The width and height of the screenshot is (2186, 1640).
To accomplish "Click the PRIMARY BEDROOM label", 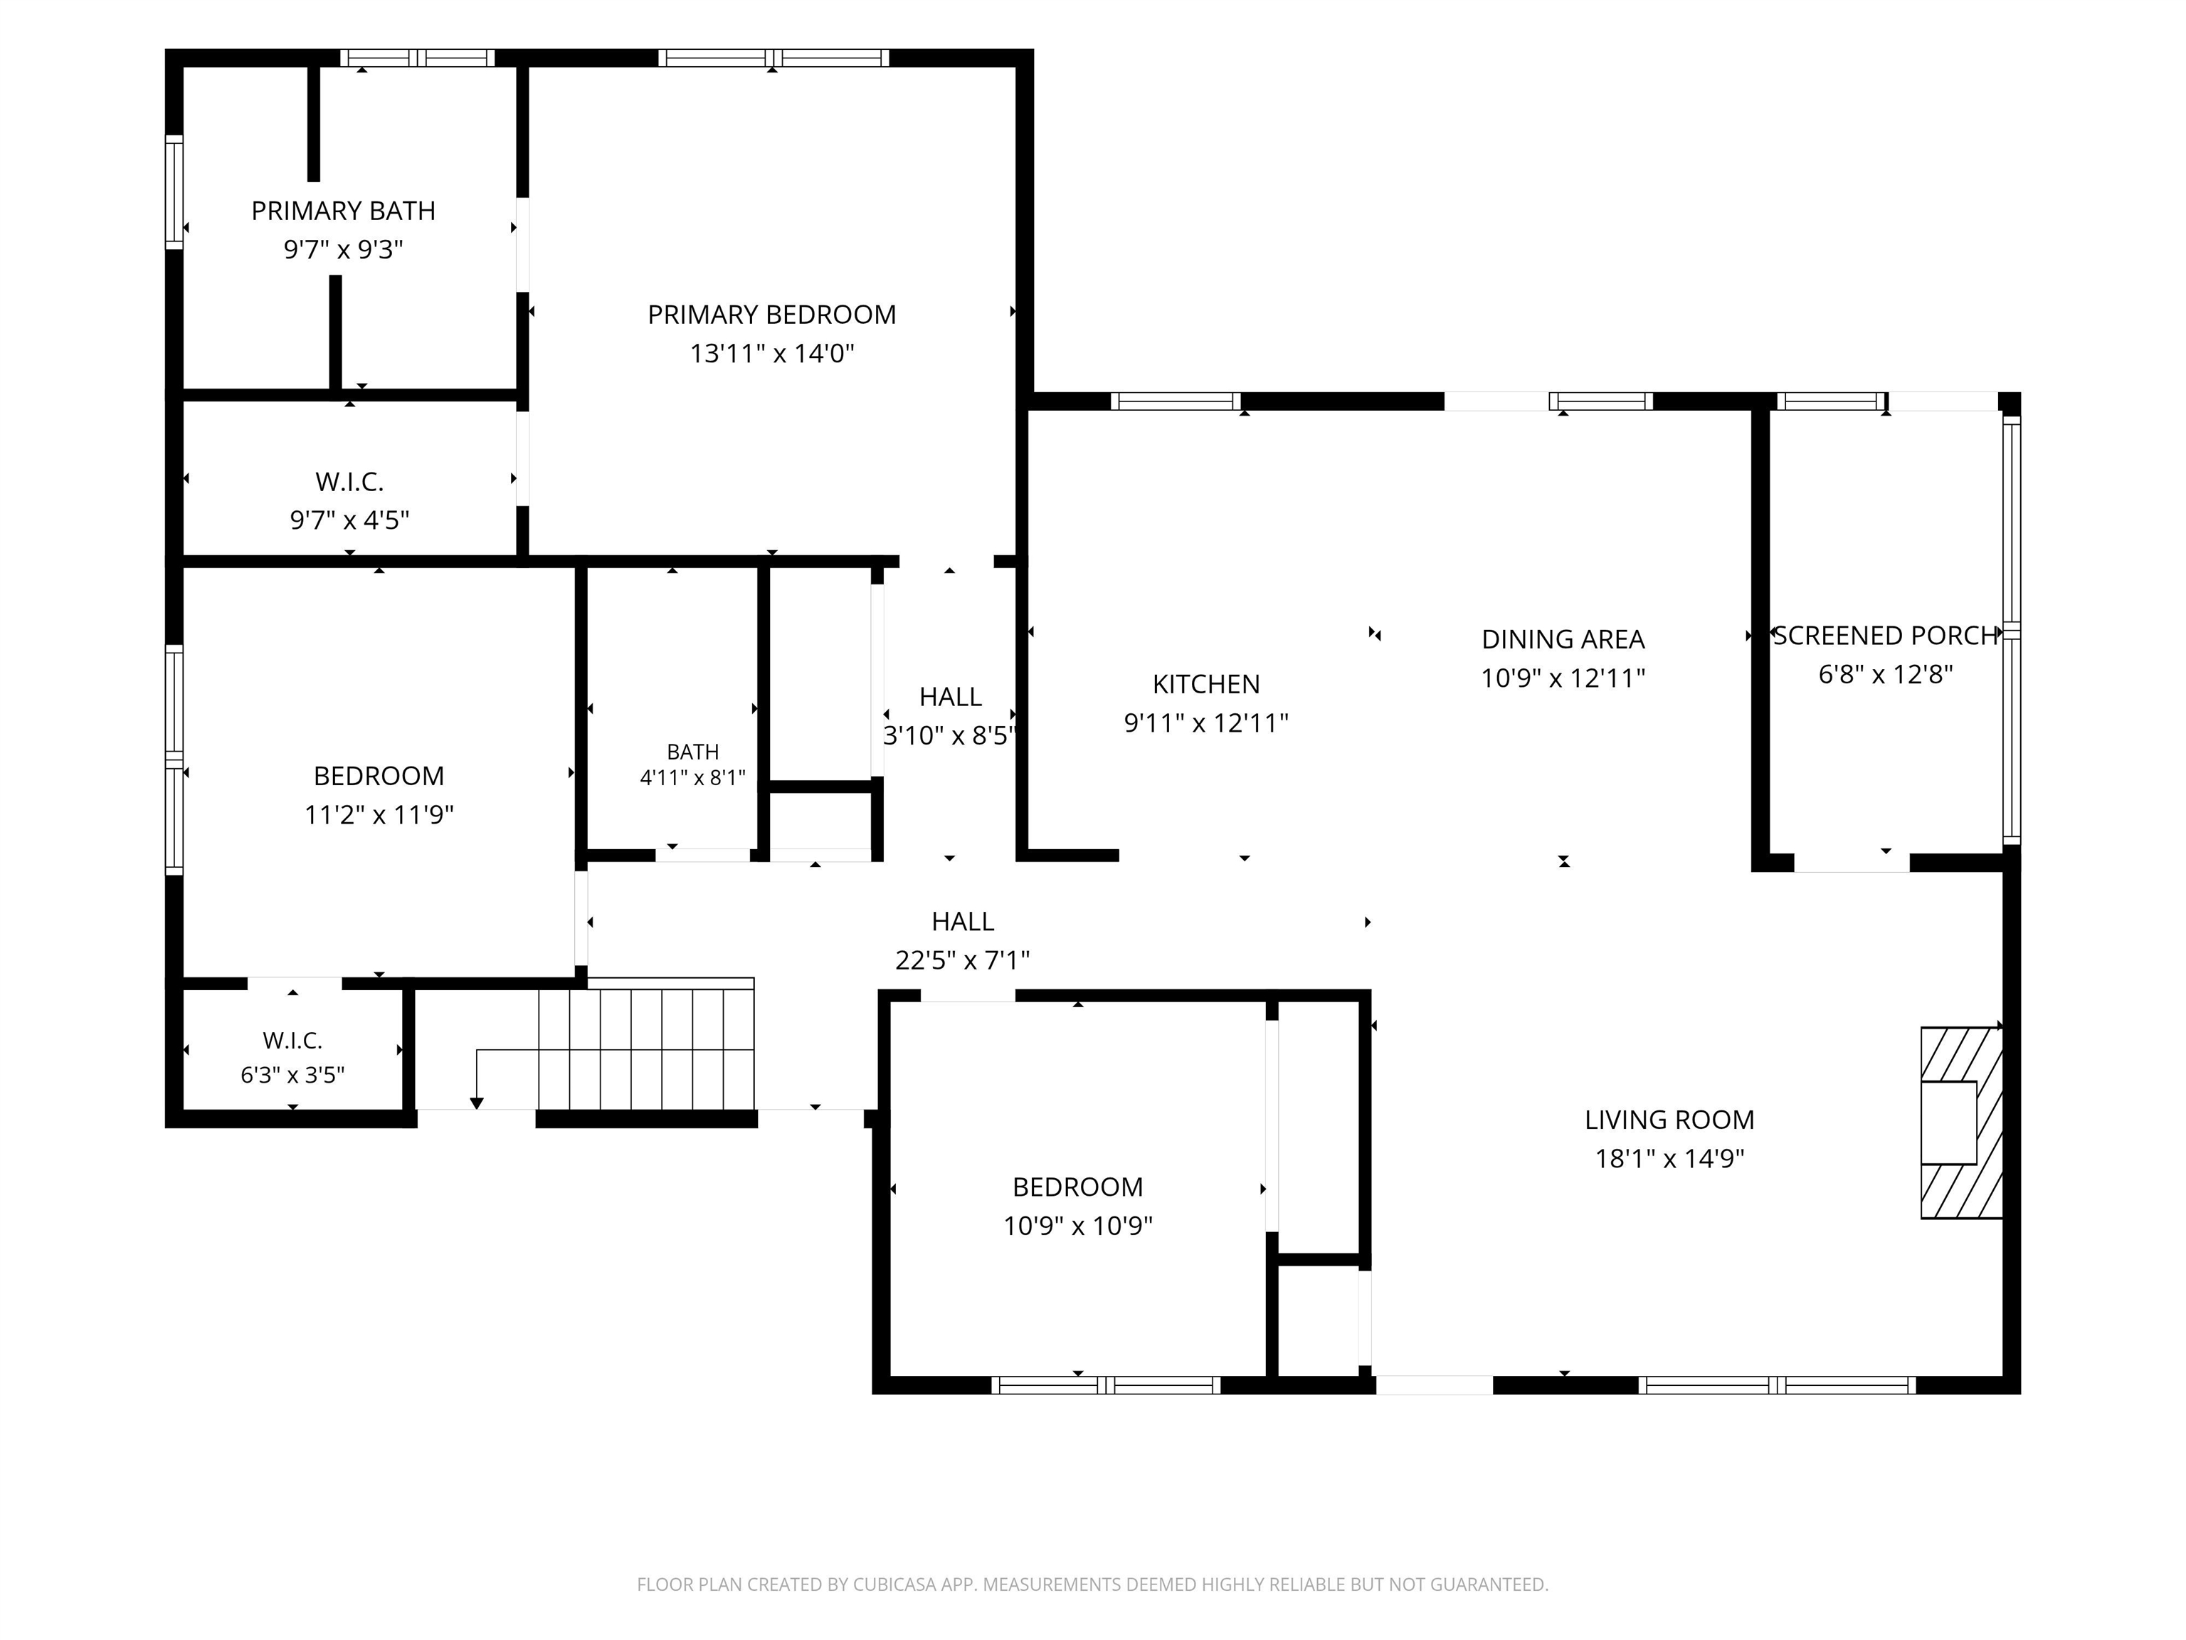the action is click(x=772, y=315).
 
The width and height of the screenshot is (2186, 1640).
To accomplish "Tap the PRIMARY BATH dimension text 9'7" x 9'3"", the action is click(x=343, y=249).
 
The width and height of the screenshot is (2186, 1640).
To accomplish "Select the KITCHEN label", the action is click(x=1205, y=684).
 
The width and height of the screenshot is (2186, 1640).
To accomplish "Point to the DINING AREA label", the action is click(x=1563, y=640).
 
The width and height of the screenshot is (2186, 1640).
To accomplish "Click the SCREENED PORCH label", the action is click(x=1886, y=636).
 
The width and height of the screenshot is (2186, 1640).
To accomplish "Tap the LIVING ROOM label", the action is click(x=1669, y=1120).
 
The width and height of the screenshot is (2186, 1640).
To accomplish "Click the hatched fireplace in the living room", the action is click(x=1960, y=1123).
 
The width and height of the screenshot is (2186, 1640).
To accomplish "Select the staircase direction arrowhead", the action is click(x=476, y=1103).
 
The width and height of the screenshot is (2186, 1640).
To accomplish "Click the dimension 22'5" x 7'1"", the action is click(x=963, y=960).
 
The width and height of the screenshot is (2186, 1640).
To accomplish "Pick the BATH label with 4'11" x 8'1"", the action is click(x=693, y=752).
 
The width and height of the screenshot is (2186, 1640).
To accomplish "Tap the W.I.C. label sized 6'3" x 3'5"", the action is click(x=292, y=1040).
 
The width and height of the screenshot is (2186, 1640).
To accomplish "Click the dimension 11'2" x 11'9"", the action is click(x=379, y=814).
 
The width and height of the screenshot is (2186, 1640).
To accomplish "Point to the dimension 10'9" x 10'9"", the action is click(x=1078, y=1226).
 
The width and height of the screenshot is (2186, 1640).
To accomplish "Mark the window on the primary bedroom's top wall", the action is click(x=773, y=58).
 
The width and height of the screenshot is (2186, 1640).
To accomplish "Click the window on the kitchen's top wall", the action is click(x=1176, y=401).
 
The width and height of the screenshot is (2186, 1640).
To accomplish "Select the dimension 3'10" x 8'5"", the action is click(x=950, y=735).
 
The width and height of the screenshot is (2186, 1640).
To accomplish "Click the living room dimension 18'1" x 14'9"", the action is click(x=1669, y=1159).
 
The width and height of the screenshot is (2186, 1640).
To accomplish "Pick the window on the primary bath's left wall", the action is click(x=174, y=191).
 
